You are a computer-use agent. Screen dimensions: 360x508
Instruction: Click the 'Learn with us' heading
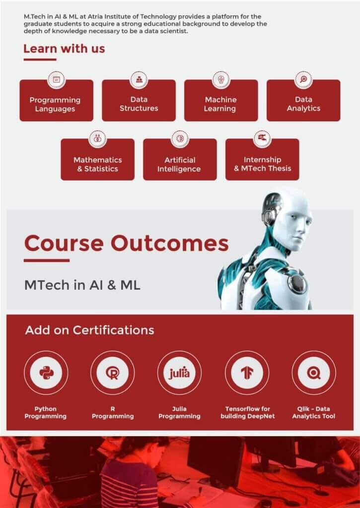point(64,49)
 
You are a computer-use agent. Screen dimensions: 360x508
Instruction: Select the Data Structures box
point(139,101)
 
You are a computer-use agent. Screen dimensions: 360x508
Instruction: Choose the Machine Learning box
point(221,101)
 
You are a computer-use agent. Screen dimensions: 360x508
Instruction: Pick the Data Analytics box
point(303,101)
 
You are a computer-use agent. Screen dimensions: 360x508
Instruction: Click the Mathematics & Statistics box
point(98,159)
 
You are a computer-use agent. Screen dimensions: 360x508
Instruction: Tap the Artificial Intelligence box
point(180,159)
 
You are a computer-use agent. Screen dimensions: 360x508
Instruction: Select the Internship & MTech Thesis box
point(262,159)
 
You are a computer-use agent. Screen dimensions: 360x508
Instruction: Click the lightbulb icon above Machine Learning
point(221,79)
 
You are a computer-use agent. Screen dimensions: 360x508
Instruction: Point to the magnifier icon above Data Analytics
point(303,79)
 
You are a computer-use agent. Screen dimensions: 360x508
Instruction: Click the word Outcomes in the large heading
point(170,243)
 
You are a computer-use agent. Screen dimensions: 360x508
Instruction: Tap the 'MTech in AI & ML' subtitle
point(82,285)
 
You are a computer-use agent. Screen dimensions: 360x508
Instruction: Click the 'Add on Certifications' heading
point(89,330)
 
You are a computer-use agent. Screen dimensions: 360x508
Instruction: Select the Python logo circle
point(46,373)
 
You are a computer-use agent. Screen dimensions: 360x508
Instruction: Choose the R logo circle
point(113,373)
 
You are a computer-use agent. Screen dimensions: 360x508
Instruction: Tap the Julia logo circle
point(179,373)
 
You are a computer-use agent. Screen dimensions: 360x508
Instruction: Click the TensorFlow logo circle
point(247,373)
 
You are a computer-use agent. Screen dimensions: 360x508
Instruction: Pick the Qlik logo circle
point(314,373)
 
